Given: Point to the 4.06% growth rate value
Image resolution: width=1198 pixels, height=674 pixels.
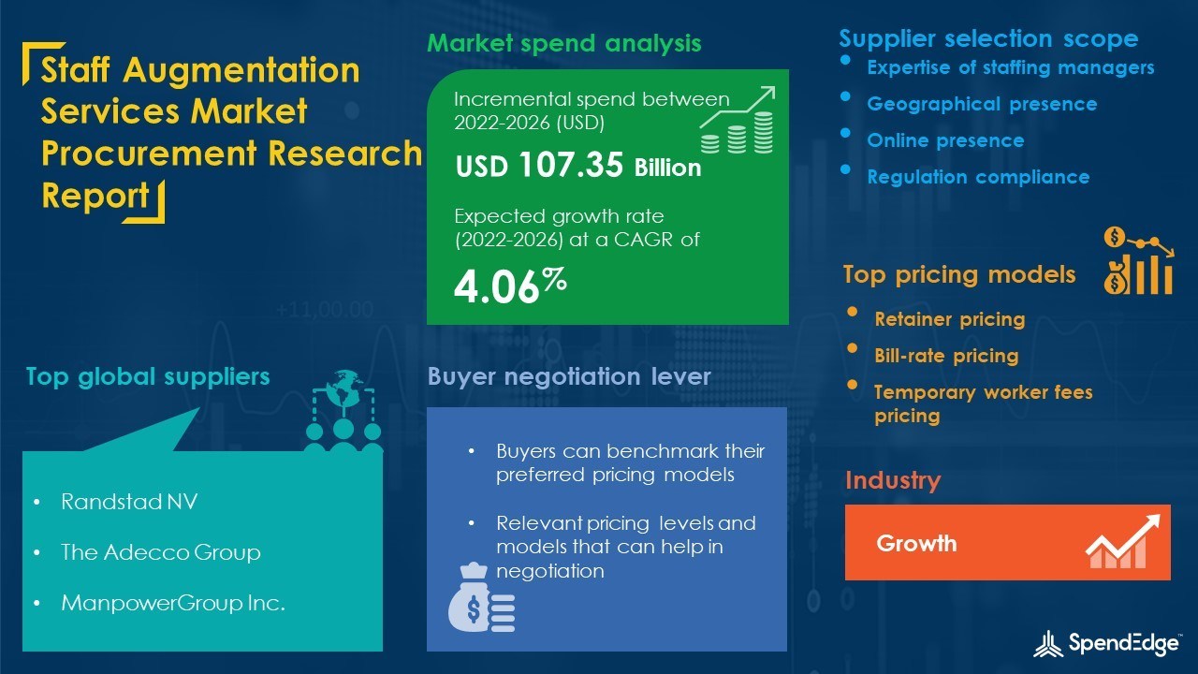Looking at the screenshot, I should (x=510, y=285).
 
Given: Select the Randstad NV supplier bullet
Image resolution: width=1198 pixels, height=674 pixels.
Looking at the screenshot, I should (x=129, y=502).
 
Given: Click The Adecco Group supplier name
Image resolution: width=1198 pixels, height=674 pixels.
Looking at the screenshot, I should (x=160, y=552).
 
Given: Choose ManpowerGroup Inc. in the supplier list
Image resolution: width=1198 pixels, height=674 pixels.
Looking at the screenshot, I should (x=172, y=603).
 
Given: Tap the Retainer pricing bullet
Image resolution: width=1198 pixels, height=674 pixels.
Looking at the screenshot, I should (x=949, y=319).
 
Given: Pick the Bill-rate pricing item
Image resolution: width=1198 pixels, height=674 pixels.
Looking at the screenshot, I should (x=946, y=356).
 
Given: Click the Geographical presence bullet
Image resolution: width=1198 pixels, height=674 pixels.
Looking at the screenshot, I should (x=982, y=104).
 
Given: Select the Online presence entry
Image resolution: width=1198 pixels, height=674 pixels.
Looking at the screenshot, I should (x=945, y=140).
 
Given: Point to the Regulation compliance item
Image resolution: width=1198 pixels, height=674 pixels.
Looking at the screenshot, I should (x=978, y=177).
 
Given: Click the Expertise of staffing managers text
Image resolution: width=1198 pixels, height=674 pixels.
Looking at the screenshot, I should (x=1011, y=67).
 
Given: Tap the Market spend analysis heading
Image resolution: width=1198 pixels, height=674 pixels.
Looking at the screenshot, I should (x=564, y=43).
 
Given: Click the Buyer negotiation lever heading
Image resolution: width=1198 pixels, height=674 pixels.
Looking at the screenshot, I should (x=569, y=376).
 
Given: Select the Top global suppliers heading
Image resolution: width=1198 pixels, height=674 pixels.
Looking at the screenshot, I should (x=148, y=376).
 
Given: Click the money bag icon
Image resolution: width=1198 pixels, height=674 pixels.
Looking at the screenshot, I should (x=481, y=599).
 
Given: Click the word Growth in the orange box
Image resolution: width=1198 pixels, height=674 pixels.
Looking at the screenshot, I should (x=916, y=543).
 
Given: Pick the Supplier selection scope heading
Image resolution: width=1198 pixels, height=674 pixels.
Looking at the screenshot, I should (x=988, y=38).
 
